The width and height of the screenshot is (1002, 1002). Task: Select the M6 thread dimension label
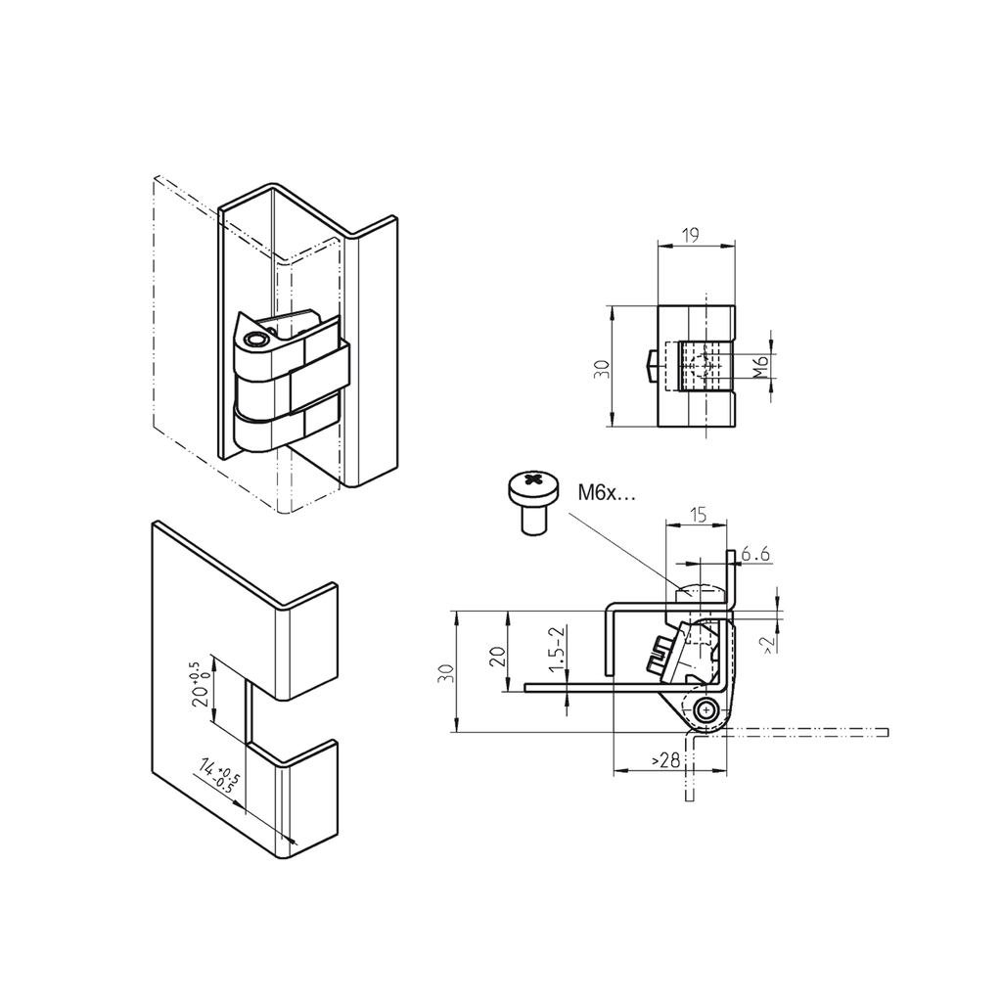tap(757, 368)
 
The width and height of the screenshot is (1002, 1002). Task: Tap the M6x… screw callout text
tap(606, 494)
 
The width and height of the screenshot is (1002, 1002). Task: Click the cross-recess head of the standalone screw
tap(533, 481)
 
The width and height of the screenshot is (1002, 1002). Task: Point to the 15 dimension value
tap(698, 514)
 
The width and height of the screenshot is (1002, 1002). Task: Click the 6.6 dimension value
tap(756, 555)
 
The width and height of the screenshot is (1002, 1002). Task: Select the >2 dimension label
tap(768, 642)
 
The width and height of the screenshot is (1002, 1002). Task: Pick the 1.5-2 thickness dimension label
tap(555, 649)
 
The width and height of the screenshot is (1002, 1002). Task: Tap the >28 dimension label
tap(665, 760)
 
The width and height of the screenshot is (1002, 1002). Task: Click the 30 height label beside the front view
tap(602, 368)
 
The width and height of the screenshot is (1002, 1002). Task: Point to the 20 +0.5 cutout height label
tap(200, 685)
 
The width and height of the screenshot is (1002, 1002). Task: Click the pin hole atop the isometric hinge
tap(256, 341)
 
